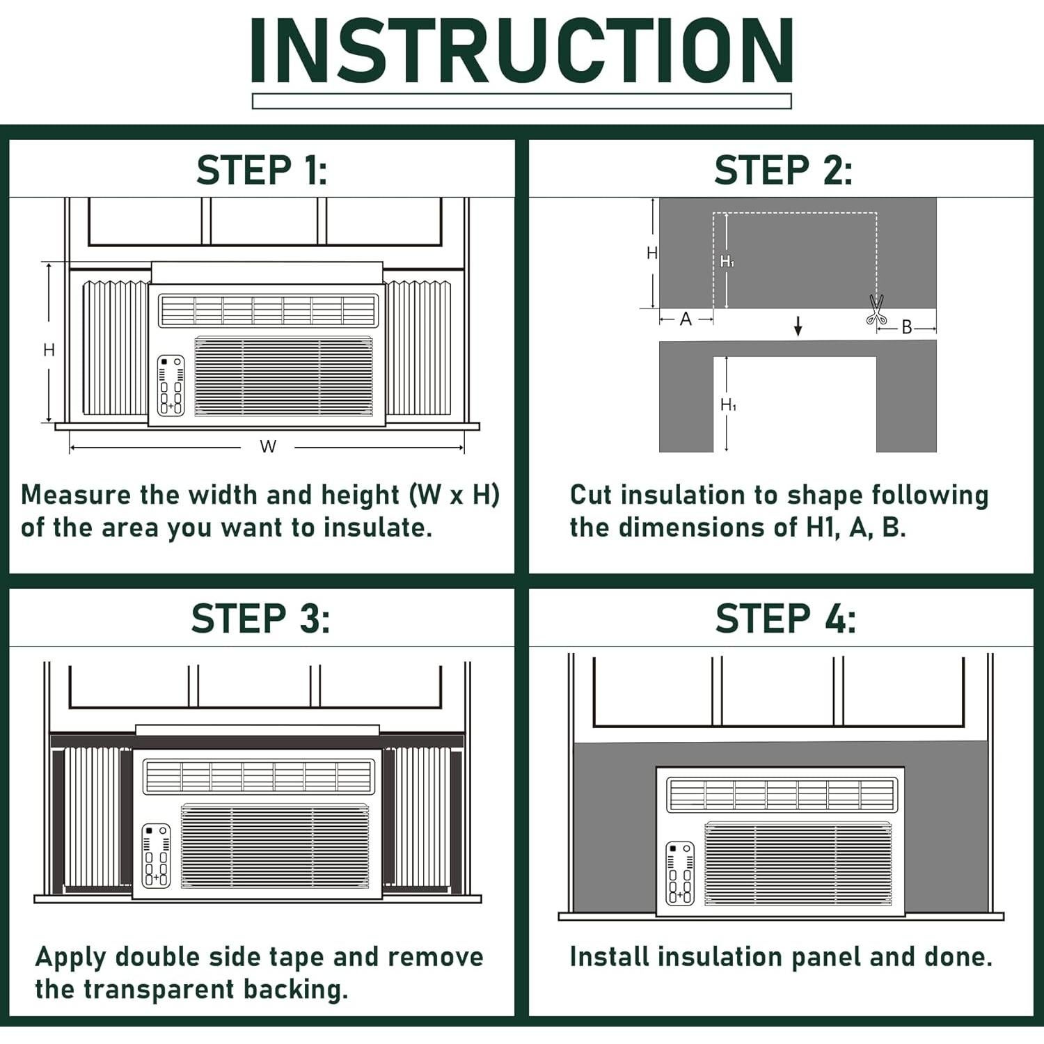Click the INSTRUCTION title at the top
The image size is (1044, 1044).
pos(522,51)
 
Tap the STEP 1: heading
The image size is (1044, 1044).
pos(262,171)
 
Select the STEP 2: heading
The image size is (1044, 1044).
pos(783,171)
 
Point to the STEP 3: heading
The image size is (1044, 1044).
pos(261,618)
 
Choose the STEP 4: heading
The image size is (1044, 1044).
pos(786,618)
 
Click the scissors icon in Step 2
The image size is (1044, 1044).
pos(876,310)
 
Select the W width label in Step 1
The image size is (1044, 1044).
pos(268,447)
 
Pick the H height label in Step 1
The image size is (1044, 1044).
pos(49,350)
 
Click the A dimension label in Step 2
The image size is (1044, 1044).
pos(686,319)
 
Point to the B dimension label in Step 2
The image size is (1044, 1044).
pos(906,326)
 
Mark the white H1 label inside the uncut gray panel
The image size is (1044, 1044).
pos(727,262)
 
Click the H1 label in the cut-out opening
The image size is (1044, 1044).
pos(729,404)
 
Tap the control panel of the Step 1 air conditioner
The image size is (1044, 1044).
pos(171,386)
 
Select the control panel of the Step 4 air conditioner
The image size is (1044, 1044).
pos(680,873)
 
